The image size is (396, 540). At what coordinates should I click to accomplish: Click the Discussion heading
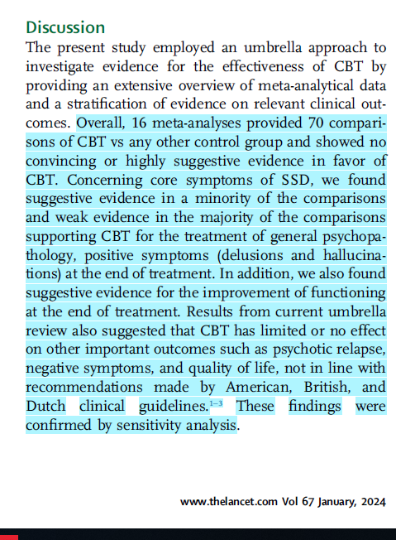pyautogui.click(x=65, y=28)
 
